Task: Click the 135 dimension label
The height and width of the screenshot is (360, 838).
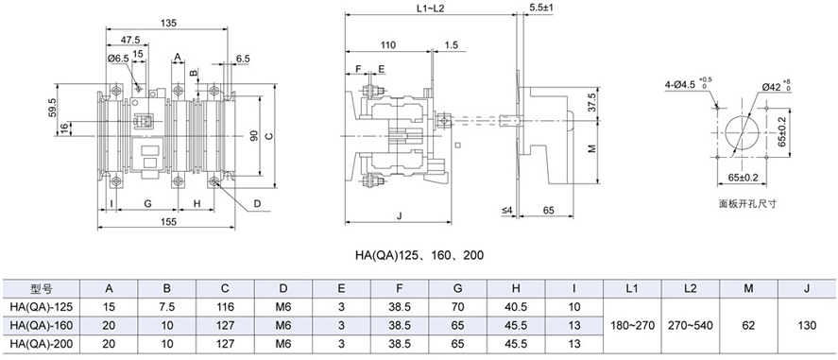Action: point(168,23)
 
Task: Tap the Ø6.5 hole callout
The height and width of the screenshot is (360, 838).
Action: point(117,60)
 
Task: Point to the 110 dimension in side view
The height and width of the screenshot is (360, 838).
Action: point(388,45)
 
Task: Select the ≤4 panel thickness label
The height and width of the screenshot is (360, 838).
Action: point(507,211)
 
